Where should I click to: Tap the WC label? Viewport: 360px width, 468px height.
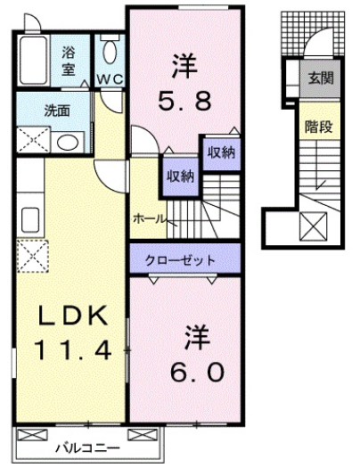tap(110, 79)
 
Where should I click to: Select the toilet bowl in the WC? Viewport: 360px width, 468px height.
tap(110, 49)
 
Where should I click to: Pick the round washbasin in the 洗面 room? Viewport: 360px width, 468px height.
tap(65, 141)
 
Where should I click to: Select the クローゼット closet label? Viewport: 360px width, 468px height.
tap(184, 260)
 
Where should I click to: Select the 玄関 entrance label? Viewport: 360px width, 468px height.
tap(320, 78)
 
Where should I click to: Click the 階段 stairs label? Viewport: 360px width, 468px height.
tap(319, 127)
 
